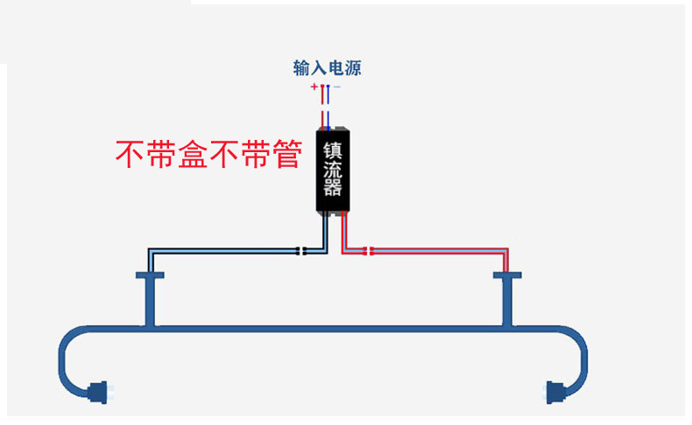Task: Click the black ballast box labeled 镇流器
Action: [332, 170]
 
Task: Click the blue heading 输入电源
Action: [327, 67]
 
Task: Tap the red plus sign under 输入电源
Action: [314, 87]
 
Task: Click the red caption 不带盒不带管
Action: [208, 155]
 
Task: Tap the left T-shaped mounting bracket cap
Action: [150, 275]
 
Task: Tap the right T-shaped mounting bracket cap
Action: [507, 275]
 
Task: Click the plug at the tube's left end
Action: [98, 390]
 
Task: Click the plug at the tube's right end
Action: [555, 391]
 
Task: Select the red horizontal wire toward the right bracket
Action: [438, 252]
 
